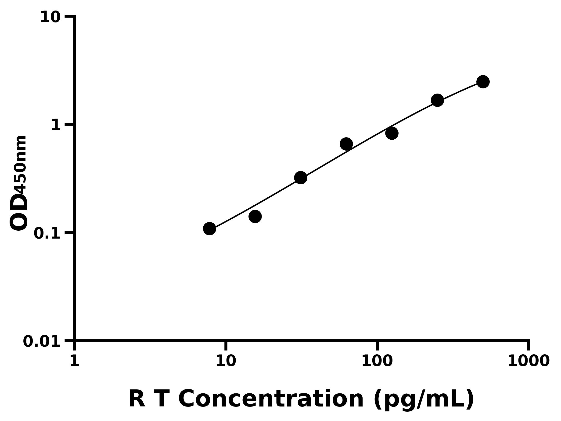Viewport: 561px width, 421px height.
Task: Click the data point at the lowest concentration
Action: pyautogui.click(x=209, y=229)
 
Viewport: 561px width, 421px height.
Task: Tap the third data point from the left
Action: pyautogui.click(x=301, y=178)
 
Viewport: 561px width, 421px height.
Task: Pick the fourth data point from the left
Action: pyautogui.click(x=346, y=144)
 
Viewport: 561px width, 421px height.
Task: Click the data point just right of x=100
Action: pyautogui.click(x=392, y=133)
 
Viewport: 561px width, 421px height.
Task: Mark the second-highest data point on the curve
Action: pyautogui.click(x=438, y=100)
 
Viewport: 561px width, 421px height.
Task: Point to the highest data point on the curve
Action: pyautogui.click(x=483, y=82)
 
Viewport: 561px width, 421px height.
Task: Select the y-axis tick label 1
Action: pyautogui.click(x=56, y=125)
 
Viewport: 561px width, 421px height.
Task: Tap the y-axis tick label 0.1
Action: pyautogui.click(x=47, y=233)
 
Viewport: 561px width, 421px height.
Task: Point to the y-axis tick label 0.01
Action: pyautogui.click(x=42, y=341)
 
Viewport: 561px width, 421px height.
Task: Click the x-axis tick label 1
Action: pyautogui.click(x=75, y=361)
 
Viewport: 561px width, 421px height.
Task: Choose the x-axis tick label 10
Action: pyautogui.click(x=226, y=361)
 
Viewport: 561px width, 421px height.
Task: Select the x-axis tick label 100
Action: pyautogui.click(x=377, y=361)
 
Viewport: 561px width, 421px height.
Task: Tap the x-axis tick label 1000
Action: pyautogui.click(x=529, y=361)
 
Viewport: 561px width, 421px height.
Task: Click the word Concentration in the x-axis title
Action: pyautogui.click(x=271, y=399)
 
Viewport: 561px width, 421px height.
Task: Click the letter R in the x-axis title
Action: pyautogui.click(x=137, y=399)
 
